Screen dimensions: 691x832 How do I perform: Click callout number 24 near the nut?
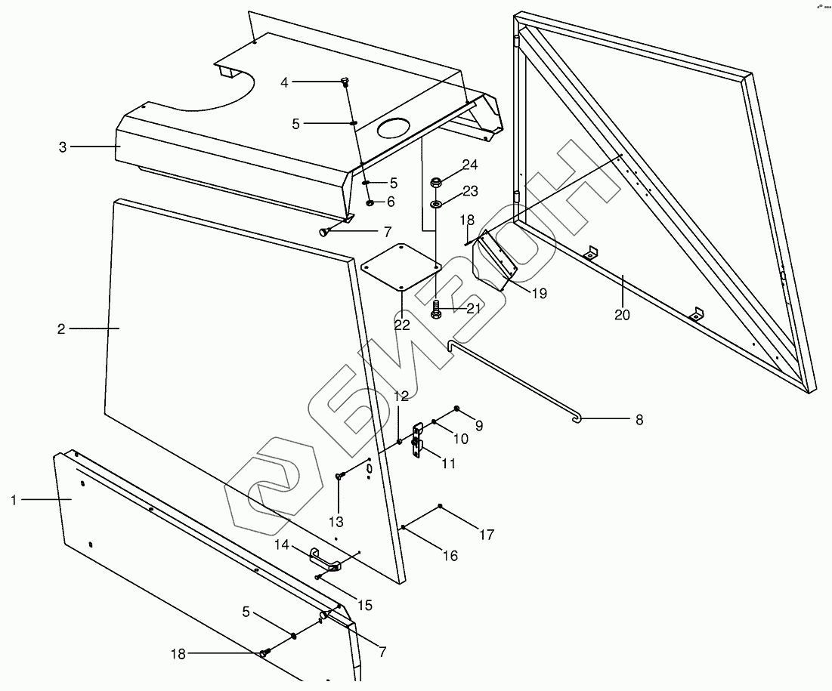pyautogui.click(x=470, y=165)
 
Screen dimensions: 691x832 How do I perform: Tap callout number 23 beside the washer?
pyautogui.click(x=470, y=192)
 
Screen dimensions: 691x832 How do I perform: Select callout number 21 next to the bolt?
pyautogui.click(x=473, y=308)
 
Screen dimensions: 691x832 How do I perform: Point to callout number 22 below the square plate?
pyautogui.click(x=402, y=325)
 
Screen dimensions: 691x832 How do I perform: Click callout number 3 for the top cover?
pyautogui.click(x=63, y=147)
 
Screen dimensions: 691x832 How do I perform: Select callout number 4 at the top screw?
pyautogui.click(x=284, y=82)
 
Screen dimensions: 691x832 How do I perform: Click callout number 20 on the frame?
pyautogui.click(x=621, y=315)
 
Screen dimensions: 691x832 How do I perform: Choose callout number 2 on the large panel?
pyautogui.click(x=61, y=329)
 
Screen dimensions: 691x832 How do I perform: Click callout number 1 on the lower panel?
pyautogui.click(x=14, y=499)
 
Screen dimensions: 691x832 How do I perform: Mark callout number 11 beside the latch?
pyautogui.click(x=448, y=464)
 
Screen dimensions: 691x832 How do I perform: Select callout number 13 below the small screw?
pyautogui.click(x=336, y=521)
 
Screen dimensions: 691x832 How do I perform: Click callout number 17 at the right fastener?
pyautogui.click(x=486, y=535)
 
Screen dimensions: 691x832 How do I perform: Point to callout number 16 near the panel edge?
pyautogui.click(x=450, y=556)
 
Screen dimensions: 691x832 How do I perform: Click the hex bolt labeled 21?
pyautogui.click(x=436, y=309)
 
